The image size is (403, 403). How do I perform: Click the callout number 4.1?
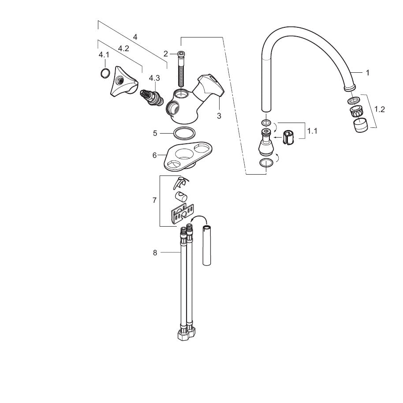tap(104, 55)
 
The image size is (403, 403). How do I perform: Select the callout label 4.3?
tap(154, 78)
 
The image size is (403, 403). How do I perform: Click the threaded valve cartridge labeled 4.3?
tap(152, 97)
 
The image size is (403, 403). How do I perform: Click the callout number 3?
tap(219, 116)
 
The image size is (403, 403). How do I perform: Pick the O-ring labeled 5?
tap(184, 134)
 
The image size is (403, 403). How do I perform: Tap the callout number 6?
tap(154, 155)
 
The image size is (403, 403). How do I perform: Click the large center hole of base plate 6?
tap(185, 154)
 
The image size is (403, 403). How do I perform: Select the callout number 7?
tap(154, 200)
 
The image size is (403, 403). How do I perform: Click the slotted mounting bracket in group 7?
tap(182, 214)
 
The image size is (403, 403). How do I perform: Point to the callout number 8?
tap(155, 253)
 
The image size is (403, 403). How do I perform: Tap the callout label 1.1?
tap(312, 131)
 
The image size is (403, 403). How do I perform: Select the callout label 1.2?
tap(379, 109)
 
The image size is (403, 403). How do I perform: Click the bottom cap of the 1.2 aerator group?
tap(360, 125)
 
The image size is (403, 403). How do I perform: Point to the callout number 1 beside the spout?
tap(368, 73)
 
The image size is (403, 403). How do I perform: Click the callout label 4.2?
tap(123, 48)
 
